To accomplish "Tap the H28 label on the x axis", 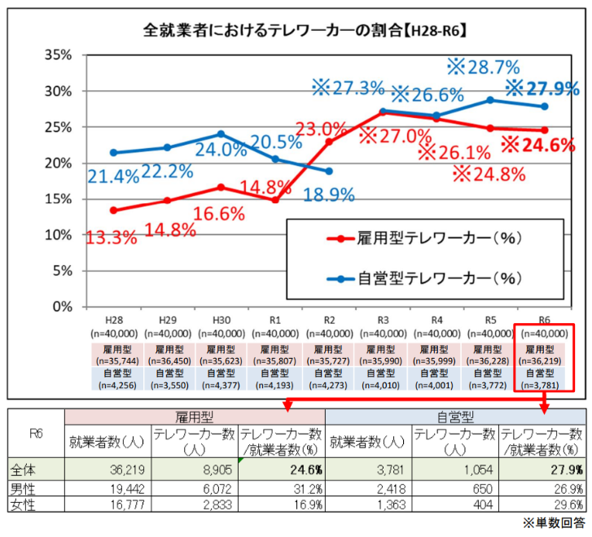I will point(114,322).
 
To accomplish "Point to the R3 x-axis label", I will point(382,322).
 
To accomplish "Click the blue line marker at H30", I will point(221,134).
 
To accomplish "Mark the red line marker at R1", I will point(275,200).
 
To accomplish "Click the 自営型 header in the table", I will point(455,417).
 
